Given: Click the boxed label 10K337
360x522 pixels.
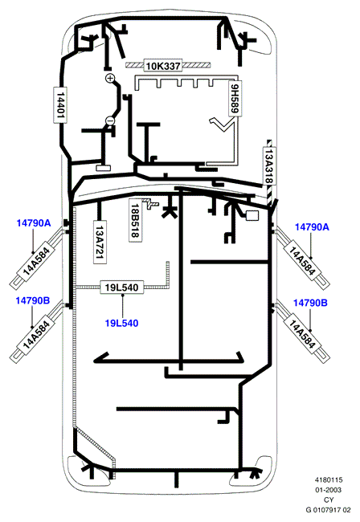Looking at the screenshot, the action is [x=163, y=66].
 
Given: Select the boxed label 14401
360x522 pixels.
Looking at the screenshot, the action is [x=60, y=105].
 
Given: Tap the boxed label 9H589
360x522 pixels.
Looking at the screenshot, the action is [x=235, y=98].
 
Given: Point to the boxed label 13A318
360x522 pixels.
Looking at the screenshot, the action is [x=269, y=165].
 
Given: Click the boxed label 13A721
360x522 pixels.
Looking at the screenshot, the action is [x=100, y=242].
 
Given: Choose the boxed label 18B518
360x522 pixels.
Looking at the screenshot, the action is [x=135, y=220].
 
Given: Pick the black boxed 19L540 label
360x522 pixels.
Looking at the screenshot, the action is [x=122, y=287].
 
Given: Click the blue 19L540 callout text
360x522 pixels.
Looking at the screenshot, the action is [x=122, y=324].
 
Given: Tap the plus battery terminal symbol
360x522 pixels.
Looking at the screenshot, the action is [x=109, y=78].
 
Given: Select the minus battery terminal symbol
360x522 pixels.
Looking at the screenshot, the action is [x=110, y=120].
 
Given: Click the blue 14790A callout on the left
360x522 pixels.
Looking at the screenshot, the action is [x=34, y=223].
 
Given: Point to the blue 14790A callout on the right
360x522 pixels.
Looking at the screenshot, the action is [x=312, y=227].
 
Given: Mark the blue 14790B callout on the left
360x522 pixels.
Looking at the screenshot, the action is [x=33, y=300].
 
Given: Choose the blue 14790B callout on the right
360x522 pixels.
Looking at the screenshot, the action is [x=310, y=303].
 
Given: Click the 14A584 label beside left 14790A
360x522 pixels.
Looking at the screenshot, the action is [x=36, y=261].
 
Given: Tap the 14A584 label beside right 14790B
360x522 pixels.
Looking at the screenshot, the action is [x=301, y=334].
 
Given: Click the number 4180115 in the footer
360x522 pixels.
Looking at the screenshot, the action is [x=329, y=480].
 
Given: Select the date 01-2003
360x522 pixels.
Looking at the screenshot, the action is [x=329, y=490].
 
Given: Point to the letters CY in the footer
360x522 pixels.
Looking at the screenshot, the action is [x=329, y=500].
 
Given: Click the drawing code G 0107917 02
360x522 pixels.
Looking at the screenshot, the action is [x=329, y=510].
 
